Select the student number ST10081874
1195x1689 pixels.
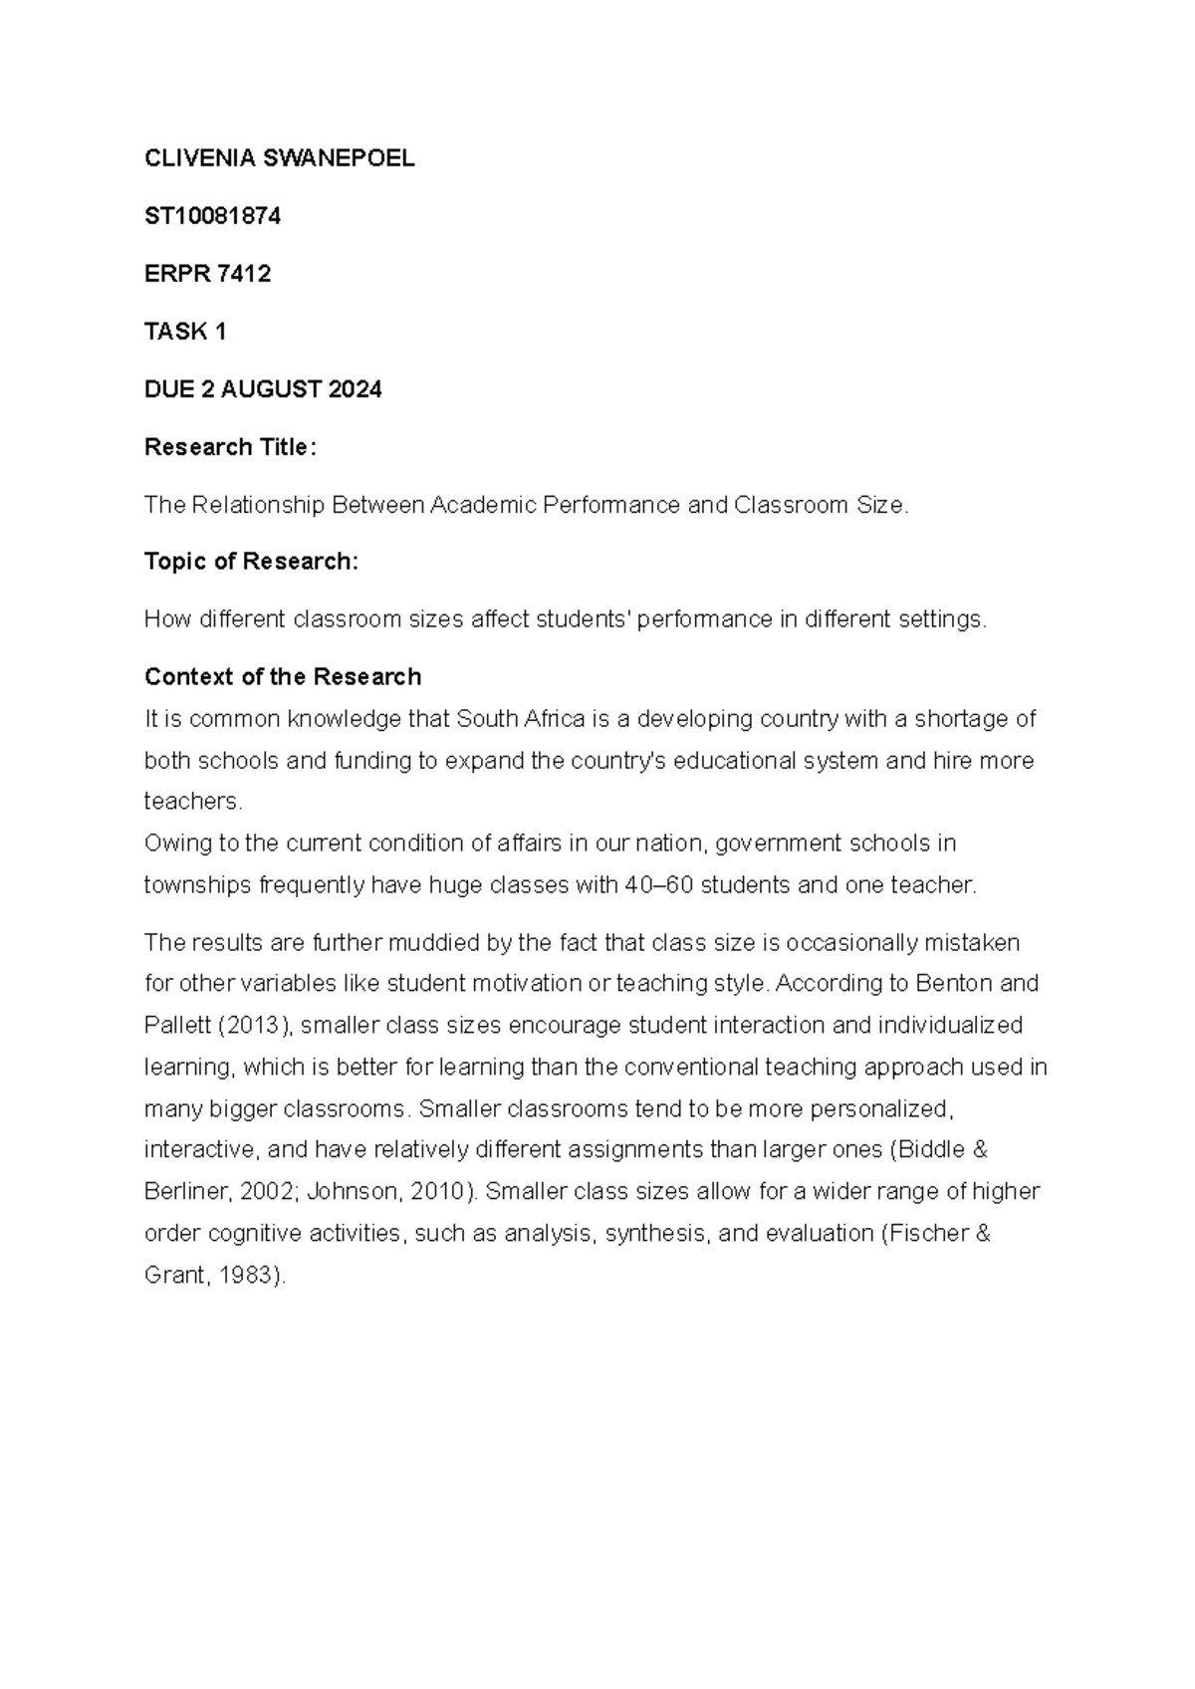(212, 216)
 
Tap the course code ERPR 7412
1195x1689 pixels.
(207, 274)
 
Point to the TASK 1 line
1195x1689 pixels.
(185, 332)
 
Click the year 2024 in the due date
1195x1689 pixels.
(355, 389)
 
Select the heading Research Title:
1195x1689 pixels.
(230, 447)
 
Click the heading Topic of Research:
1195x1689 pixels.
(251, 562)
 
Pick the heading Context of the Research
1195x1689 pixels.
(283, 677)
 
